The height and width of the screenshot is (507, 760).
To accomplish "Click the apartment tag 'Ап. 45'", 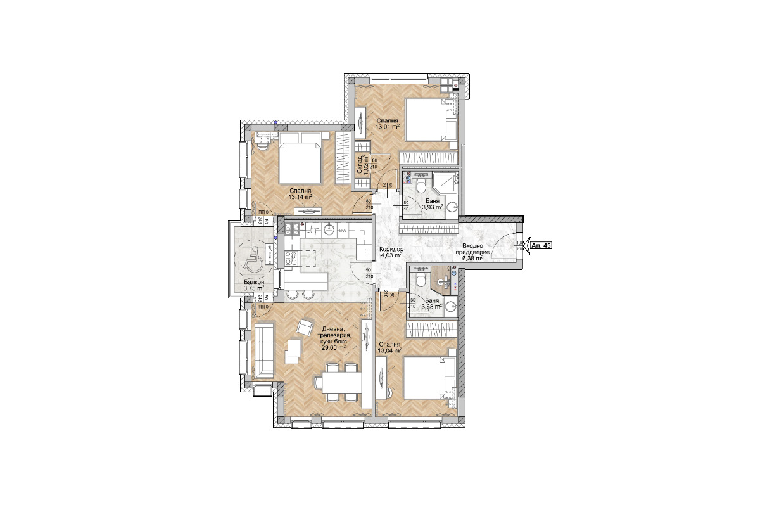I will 540,245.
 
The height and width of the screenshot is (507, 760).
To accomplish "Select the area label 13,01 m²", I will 387,127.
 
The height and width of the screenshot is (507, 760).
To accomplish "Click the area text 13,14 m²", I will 301,196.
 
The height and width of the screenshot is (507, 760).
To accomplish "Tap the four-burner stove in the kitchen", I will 292,258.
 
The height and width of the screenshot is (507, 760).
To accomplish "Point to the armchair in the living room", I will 305,327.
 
